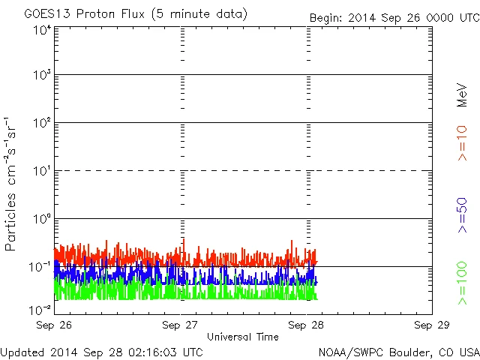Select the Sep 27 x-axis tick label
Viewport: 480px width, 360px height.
pos(182,325)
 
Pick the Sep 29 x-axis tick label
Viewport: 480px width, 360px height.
pos(433,325)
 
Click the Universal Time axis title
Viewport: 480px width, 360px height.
pos(243,337)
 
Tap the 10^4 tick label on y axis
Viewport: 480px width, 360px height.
pos(42,30)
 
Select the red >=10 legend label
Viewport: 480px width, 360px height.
pos(463,142)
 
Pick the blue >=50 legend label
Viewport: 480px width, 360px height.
pos(463,214)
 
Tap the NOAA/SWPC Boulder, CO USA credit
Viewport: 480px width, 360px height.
pos(398,351)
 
